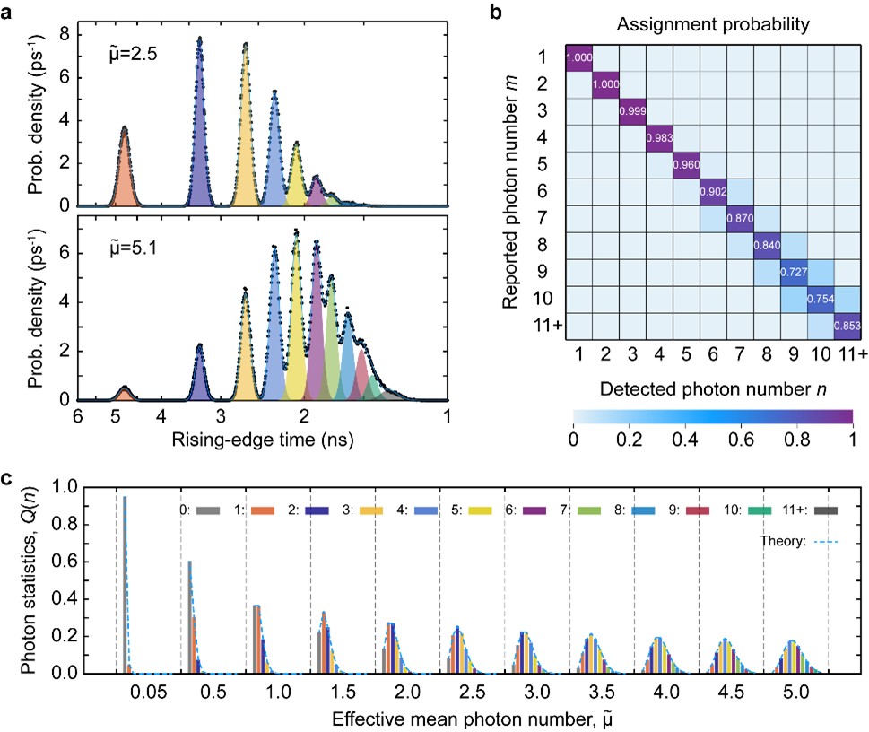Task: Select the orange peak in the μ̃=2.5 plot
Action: pyautogui.click(x=125, y=170)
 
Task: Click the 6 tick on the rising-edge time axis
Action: pyautogui.click(x=78, y=416)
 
